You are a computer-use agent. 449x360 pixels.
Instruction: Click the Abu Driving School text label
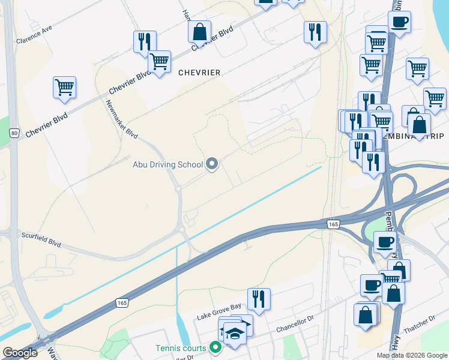pos(167,164)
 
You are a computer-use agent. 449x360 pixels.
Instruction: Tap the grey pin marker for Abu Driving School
pos(212,164)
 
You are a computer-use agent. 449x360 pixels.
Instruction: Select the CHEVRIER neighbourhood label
pos(199,73)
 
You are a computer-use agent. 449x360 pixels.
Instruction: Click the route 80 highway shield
pos(15,133)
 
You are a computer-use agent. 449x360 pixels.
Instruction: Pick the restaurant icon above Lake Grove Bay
pos(259,299)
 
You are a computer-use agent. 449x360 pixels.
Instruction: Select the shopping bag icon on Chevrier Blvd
pos(199,32)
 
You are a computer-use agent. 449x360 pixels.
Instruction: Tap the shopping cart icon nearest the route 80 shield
pos(64,87)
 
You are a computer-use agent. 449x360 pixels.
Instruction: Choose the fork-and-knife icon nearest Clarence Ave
pos(145,41)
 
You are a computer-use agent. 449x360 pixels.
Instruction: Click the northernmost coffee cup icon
pos(399,22)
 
